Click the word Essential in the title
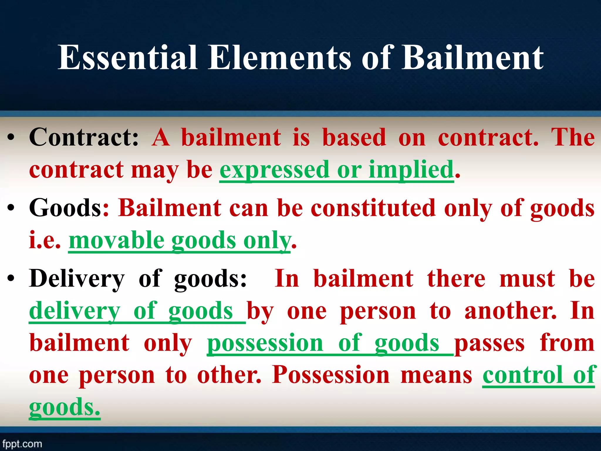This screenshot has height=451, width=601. point(127,58)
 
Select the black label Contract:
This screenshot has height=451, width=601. point(84,137)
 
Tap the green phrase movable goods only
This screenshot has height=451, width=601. point(179,240)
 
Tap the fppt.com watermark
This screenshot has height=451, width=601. point(22,444)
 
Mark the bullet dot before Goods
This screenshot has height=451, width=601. point(11,208)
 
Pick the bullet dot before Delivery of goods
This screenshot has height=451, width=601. point(11,279)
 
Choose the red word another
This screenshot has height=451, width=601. point(510,311)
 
